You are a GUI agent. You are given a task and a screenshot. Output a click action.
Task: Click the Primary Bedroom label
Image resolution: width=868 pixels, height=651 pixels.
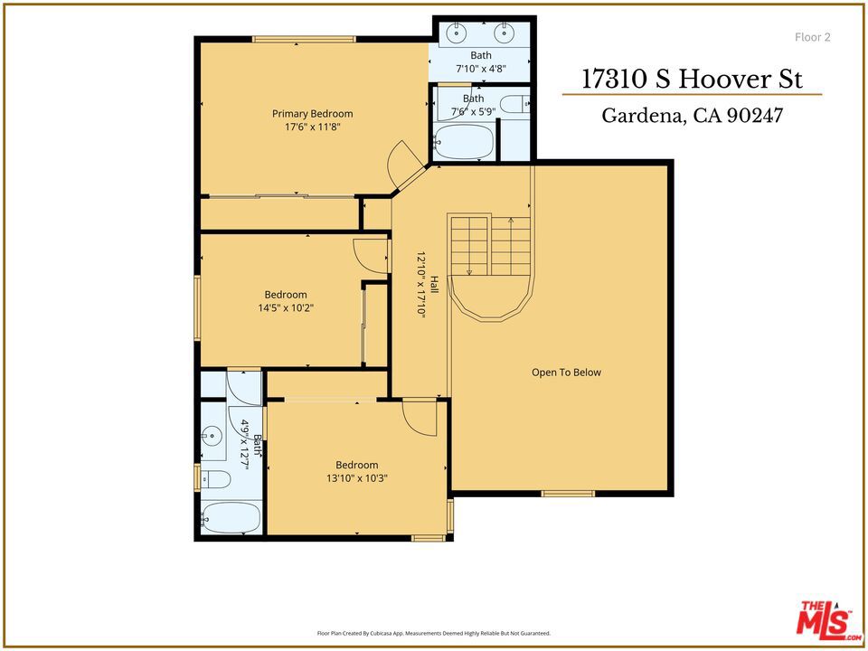[x=312, y=114]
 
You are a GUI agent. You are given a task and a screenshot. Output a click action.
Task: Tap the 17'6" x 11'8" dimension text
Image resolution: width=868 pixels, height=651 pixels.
[x=312, y=127]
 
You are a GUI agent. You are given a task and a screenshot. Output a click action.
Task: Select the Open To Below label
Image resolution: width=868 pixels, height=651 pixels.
[x=566, y=373]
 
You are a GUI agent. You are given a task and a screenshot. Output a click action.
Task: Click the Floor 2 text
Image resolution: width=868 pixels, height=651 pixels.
[x=813, y=37]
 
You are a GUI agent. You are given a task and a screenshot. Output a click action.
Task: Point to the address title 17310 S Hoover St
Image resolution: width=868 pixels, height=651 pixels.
[x=692, y=79]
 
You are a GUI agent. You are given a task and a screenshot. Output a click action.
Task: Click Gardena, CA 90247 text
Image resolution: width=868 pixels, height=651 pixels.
[x=692, y=115]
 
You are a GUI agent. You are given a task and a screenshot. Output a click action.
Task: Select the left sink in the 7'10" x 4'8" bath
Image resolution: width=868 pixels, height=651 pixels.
[x=457, y=33]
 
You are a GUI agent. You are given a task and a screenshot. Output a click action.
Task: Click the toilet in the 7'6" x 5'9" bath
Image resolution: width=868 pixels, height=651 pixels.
[x=514, y=103]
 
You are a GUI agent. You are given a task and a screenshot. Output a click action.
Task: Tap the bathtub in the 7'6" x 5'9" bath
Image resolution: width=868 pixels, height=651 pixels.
[x=463, y=142]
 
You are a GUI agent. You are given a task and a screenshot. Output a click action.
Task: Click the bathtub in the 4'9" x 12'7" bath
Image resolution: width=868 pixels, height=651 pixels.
[x=230, y=517]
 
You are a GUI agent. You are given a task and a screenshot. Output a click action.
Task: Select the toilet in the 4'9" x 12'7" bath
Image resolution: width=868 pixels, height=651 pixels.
[x=215, y=479]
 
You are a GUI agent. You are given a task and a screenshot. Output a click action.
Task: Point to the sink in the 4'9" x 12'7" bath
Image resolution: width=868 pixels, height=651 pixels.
[x=212, y=436]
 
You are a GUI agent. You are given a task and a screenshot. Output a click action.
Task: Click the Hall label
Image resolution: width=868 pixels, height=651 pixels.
[x=435, y=284]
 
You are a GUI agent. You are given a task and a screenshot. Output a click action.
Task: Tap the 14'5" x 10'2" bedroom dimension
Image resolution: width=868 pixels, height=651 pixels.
[x=286, y=307]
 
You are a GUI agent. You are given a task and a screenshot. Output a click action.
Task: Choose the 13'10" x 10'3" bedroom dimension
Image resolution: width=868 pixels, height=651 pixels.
[x=356, y=478]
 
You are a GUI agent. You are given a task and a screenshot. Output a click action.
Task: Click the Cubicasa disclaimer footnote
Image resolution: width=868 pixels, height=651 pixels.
[x=434, y=633]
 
